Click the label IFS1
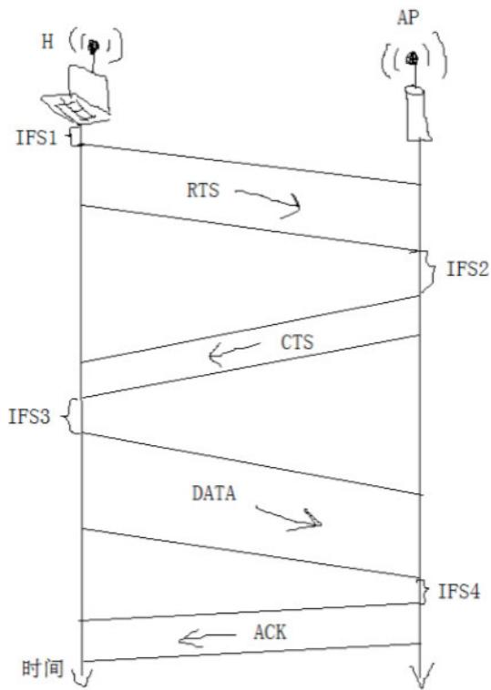tap(36, 137)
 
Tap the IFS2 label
tap(467, 268)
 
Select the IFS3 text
tap(29, 416)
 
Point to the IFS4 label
tap(459, 591)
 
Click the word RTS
tap(203, 190)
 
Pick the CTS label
tap(297, 342)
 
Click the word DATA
tap(214, 493)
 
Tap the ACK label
tap(270, 633)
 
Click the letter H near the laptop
tap(47, 42)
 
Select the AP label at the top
tap(408, 18)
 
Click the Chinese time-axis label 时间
tap(43, 668)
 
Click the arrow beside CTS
tap(233, 353)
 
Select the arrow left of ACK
tap(206, 637)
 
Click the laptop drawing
tap(78, 96)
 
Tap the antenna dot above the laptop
tap(93, 46)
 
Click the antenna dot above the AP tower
tap(413, 57)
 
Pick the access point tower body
tap(418, 114)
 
